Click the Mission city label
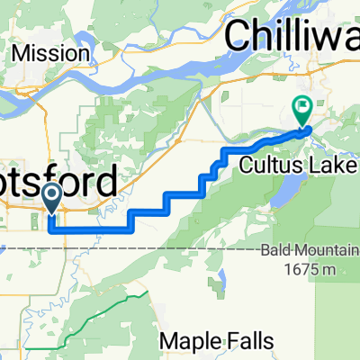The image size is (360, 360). tap(52, 53)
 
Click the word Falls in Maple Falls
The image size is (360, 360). tap(244, 341)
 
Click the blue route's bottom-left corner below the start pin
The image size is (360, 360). tap(49, 229)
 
